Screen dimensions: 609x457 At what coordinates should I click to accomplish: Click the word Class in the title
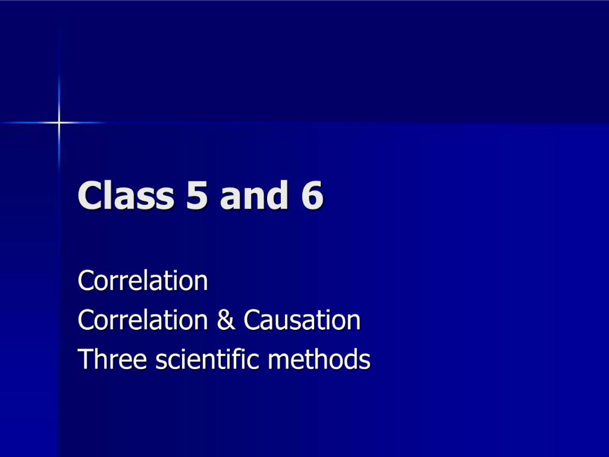126,195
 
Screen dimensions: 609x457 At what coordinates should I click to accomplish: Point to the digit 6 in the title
312,196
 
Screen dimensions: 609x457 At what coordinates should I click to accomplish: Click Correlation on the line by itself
143,281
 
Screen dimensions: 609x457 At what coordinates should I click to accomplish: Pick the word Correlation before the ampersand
143,320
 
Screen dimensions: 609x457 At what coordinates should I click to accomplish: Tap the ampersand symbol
226,320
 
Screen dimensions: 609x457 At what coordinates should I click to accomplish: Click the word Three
112,359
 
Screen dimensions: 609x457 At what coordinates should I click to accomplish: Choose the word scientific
207,359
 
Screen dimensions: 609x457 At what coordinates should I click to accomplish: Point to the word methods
319,359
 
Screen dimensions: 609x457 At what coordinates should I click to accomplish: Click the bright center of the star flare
59,122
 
